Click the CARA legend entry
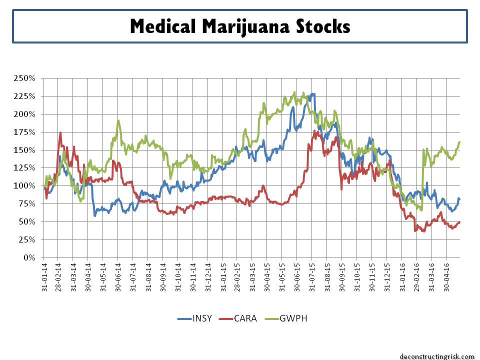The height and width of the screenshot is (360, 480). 245,318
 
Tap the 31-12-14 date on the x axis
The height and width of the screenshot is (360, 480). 208,278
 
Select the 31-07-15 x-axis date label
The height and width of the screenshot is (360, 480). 311,278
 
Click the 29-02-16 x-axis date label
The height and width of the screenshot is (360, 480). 416,278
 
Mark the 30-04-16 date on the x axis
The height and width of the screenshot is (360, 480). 446,278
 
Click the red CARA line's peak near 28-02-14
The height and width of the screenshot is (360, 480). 60,133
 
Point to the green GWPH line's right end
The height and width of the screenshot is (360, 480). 459,142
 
